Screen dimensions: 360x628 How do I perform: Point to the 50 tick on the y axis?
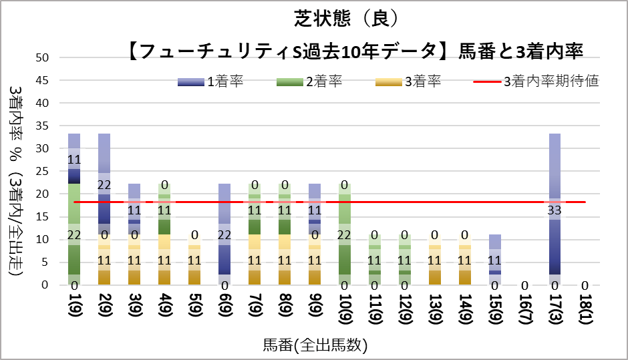point(43,58)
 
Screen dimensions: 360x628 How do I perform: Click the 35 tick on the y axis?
point(43,126)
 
